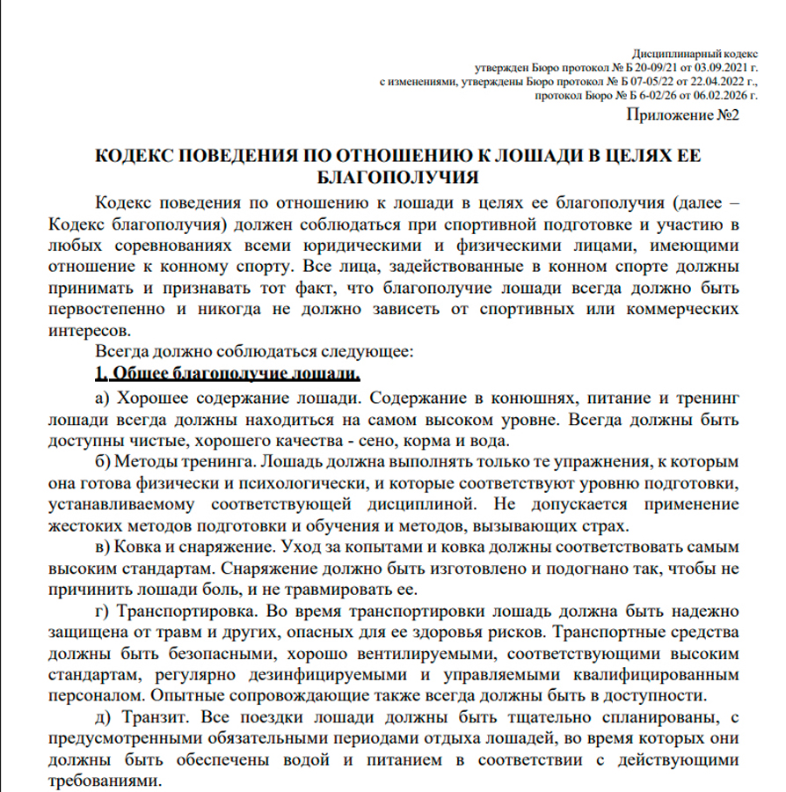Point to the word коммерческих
(x=679, y=309)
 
